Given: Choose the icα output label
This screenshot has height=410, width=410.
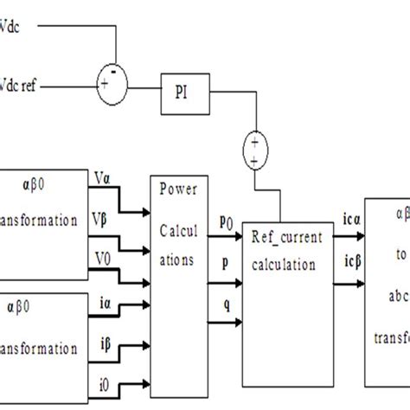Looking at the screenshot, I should pyautogui.click(x=341, y=223).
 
